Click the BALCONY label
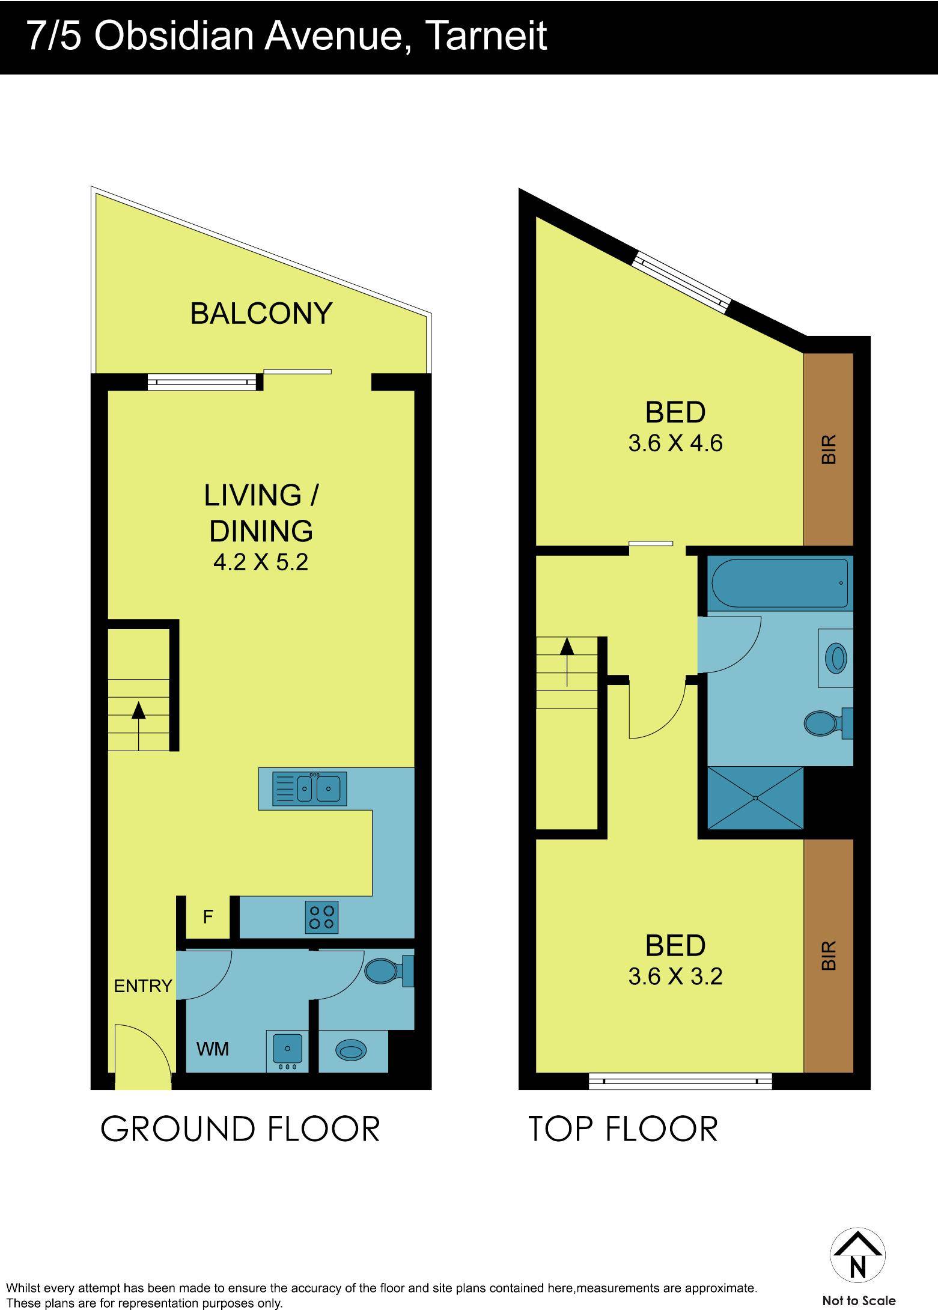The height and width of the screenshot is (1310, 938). click(x=261, y=314)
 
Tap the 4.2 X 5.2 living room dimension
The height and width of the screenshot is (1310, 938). click(x=261, y=562)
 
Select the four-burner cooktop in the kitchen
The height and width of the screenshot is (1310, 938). click(x=321, y=917)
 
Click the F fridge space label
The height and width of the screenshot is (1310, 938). click(x=208, y=917)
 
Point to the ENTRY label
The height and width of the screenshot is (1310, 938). click(x=143, y=986)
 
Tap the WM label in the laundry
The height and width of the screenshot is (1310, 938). click(x=213, y=1049)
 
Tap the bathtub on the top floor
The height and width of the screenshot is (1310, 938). click(x=780, y=582)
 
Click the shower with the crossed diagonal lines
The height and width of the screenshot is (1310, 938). click(x=755, y=798)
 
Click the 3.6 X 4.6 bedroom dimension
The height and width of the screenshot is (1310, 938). click(x=675, y=444)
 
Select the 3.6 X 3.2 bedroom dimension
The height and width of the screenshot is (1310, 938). click(x=675, y=976)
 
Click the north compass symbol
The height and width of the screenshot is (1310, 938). click(x=858, y=1257)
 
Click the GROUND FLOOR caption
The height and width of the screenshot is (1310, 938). click(x=240, y=1129)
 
